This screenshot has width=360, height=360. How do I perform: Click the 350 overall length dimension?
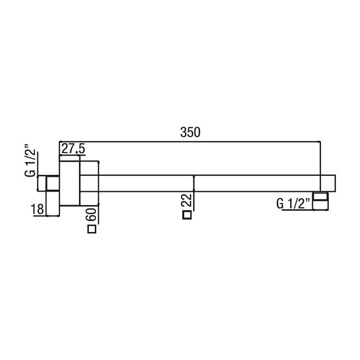(x=190, y=133)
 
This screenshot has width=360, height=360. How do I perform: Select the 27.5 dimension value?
(x=73, y=149)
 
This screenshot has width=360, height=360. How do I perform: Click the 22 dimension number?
(x=186, y=200)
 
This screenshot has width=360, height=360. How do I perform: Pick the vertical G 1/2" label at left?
(x=30, y=160)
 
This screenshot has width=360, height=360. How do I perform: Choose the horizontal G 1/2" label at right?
(x=294, y=204)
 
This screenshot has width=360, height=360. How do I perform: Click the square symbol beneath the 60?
(x=92, y=229)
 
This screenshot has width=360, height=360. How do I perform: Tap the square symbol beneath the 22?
(x=187, y=215)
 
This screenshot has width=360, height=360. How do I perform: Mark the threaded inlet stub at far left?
(x=53, y=183)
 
